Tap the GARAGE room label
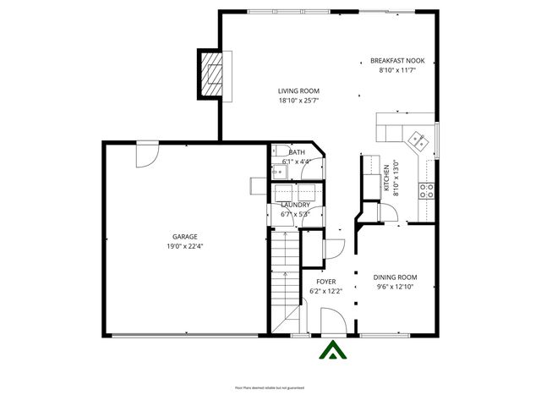(x=185, y=237)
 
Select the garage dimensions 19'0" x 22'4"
(x=185, y=246)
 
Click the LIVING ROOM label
(x=299, y=91)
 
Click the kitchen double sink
(x=416, y=140)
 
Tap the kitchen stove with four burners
(x=428, y=189)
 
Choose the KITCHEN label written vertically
(x=387, y=178)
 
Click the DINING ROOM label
(x=396, y=277)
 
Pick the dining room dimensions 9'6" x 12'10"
(x=396, y=287)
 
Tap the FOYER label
(x=325, y=282)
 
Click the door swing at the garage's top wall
(x=147, y=154)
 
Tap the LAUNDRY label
(x=295, y=205)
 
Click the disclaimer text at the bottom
(x=270, y=387)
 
